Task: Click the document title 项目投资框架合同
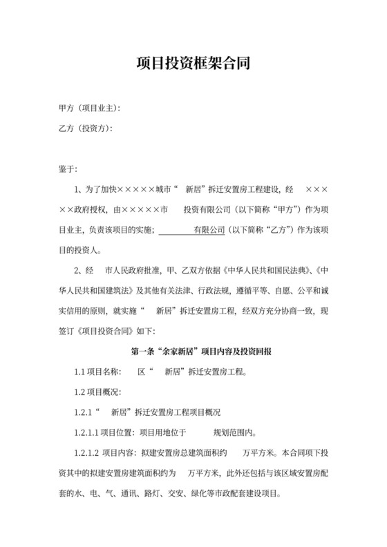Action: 193,64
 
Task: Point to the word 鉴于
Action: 69,169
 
